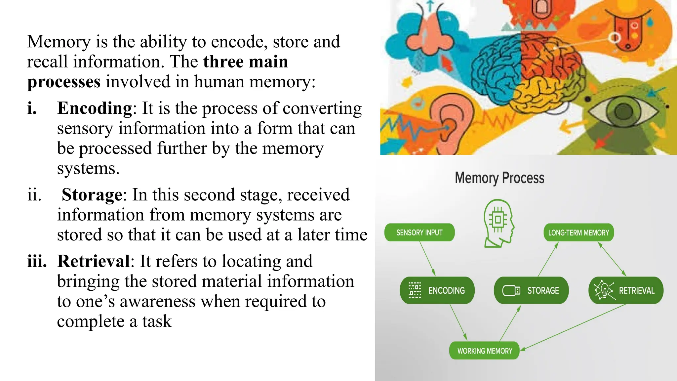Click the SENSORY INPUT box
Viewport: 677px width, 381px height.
click(419, 233)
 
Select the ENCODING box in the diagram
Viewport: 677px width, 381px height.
click(437, 290)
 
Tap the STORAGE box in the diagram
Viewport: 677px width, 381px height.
click(531, 290)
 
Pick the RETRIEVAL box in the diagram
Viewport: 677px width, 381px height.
click(626, 290)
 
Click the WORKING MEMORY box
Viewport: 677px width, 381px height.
click(484, 351)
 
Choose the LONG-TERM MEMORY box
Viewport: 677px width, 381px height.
click(578, 233)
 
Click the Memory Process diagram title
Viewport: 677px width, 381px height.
click(499, 178)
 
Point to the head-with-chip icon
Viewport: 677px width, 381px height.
click(498, 223)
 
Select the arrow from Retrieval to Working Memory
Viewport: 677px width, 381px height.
click(574, 327)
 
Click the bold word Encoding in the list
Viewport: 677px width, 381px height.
click(95, 108)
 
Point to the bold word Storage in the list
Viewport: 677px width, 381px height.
click(92, 194)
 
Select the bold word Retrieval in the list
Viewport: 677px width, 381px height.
click(94, 261)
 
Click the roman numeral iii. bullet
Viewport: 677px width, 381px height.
click(37, 261)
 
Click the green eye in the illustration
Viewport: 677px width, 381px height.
click(623, 111)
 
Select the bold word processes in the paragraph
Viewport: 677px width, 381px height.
click(64, 82)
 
